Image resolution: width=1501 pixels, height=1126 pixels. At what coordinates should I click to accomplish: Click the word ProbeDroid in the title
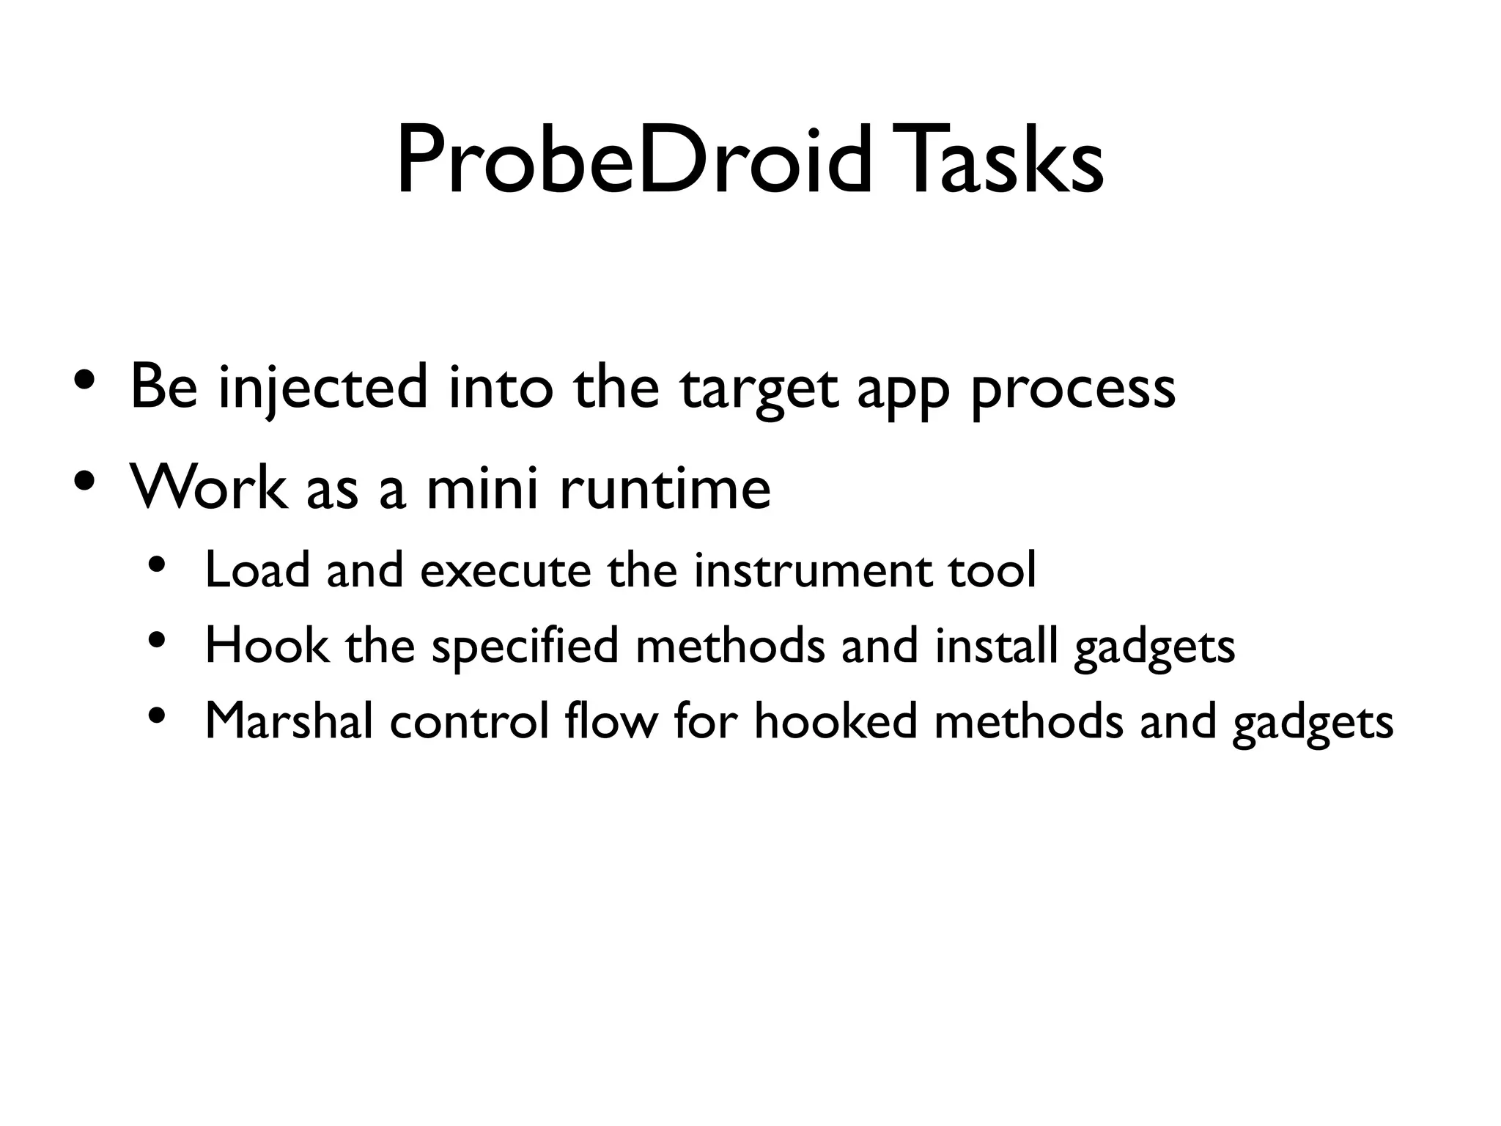pyautogui.click(x=635, y=163)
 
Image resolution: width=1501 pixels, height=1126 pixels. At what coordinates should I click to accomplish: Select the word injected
pyautogui.click(x=322, y=389)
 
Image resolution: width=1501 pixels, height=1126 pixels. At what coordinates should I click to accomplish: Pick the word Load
pyautogui.click(x=257, y=570)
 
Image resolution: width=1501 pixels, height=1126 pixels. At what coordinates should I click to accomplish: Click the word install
pyautogui.click(x=996, y=646)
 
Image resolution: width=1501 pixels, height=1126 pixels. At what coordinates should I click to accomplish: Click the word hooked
pyautogui.click(x=836, y=721)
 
